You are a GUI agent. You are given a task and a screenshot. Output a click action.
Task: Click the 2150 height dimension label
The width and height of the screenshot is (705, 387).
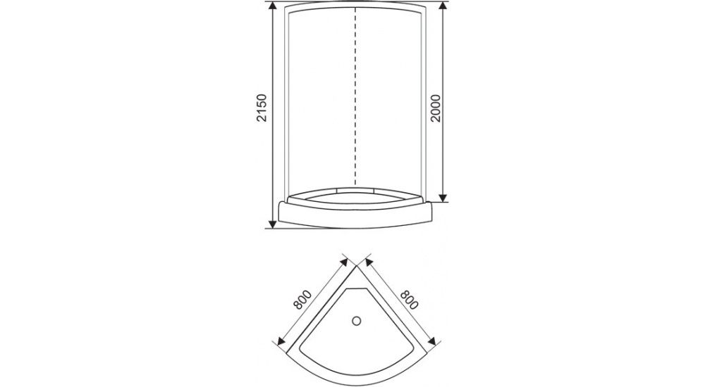tap(262, 108)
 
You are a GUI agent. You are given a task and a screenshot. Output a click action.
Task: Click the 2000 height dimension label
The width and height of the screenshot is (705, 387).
tap(436, 108)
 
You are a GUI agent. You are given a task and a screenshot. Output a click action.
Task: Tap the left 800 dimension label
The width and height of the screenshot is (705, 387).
tap(302, 300)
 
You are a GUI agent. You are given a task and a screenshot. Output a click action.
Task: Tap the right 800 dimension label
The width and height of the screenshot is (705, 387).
tap(409, 300)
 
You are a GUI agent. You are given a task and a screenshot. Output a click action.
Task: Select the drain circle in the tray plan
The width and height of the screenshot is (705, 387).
tap(357, 321)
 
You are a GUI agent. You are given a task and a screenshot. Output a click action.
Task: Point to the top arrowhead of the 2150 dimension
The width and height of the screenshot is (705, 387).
tap(272, 6)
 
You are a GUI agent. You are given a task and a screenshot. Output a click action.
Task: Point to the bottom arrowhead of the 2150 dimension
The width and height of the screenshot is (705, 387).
tap(272, 223)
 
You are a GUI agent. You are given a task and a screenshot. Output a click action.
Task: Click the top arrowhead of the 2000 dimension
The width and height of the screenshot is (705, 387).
tap(443, 6)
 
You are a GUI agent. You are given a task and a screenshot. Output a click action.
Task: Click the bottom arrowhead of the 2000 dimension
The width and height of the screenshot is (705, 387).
tap(443, 196)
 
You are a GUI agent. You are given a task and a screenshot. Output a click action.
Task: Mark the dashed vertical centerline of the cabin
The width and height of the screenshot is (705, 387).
tap(355, 96)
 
